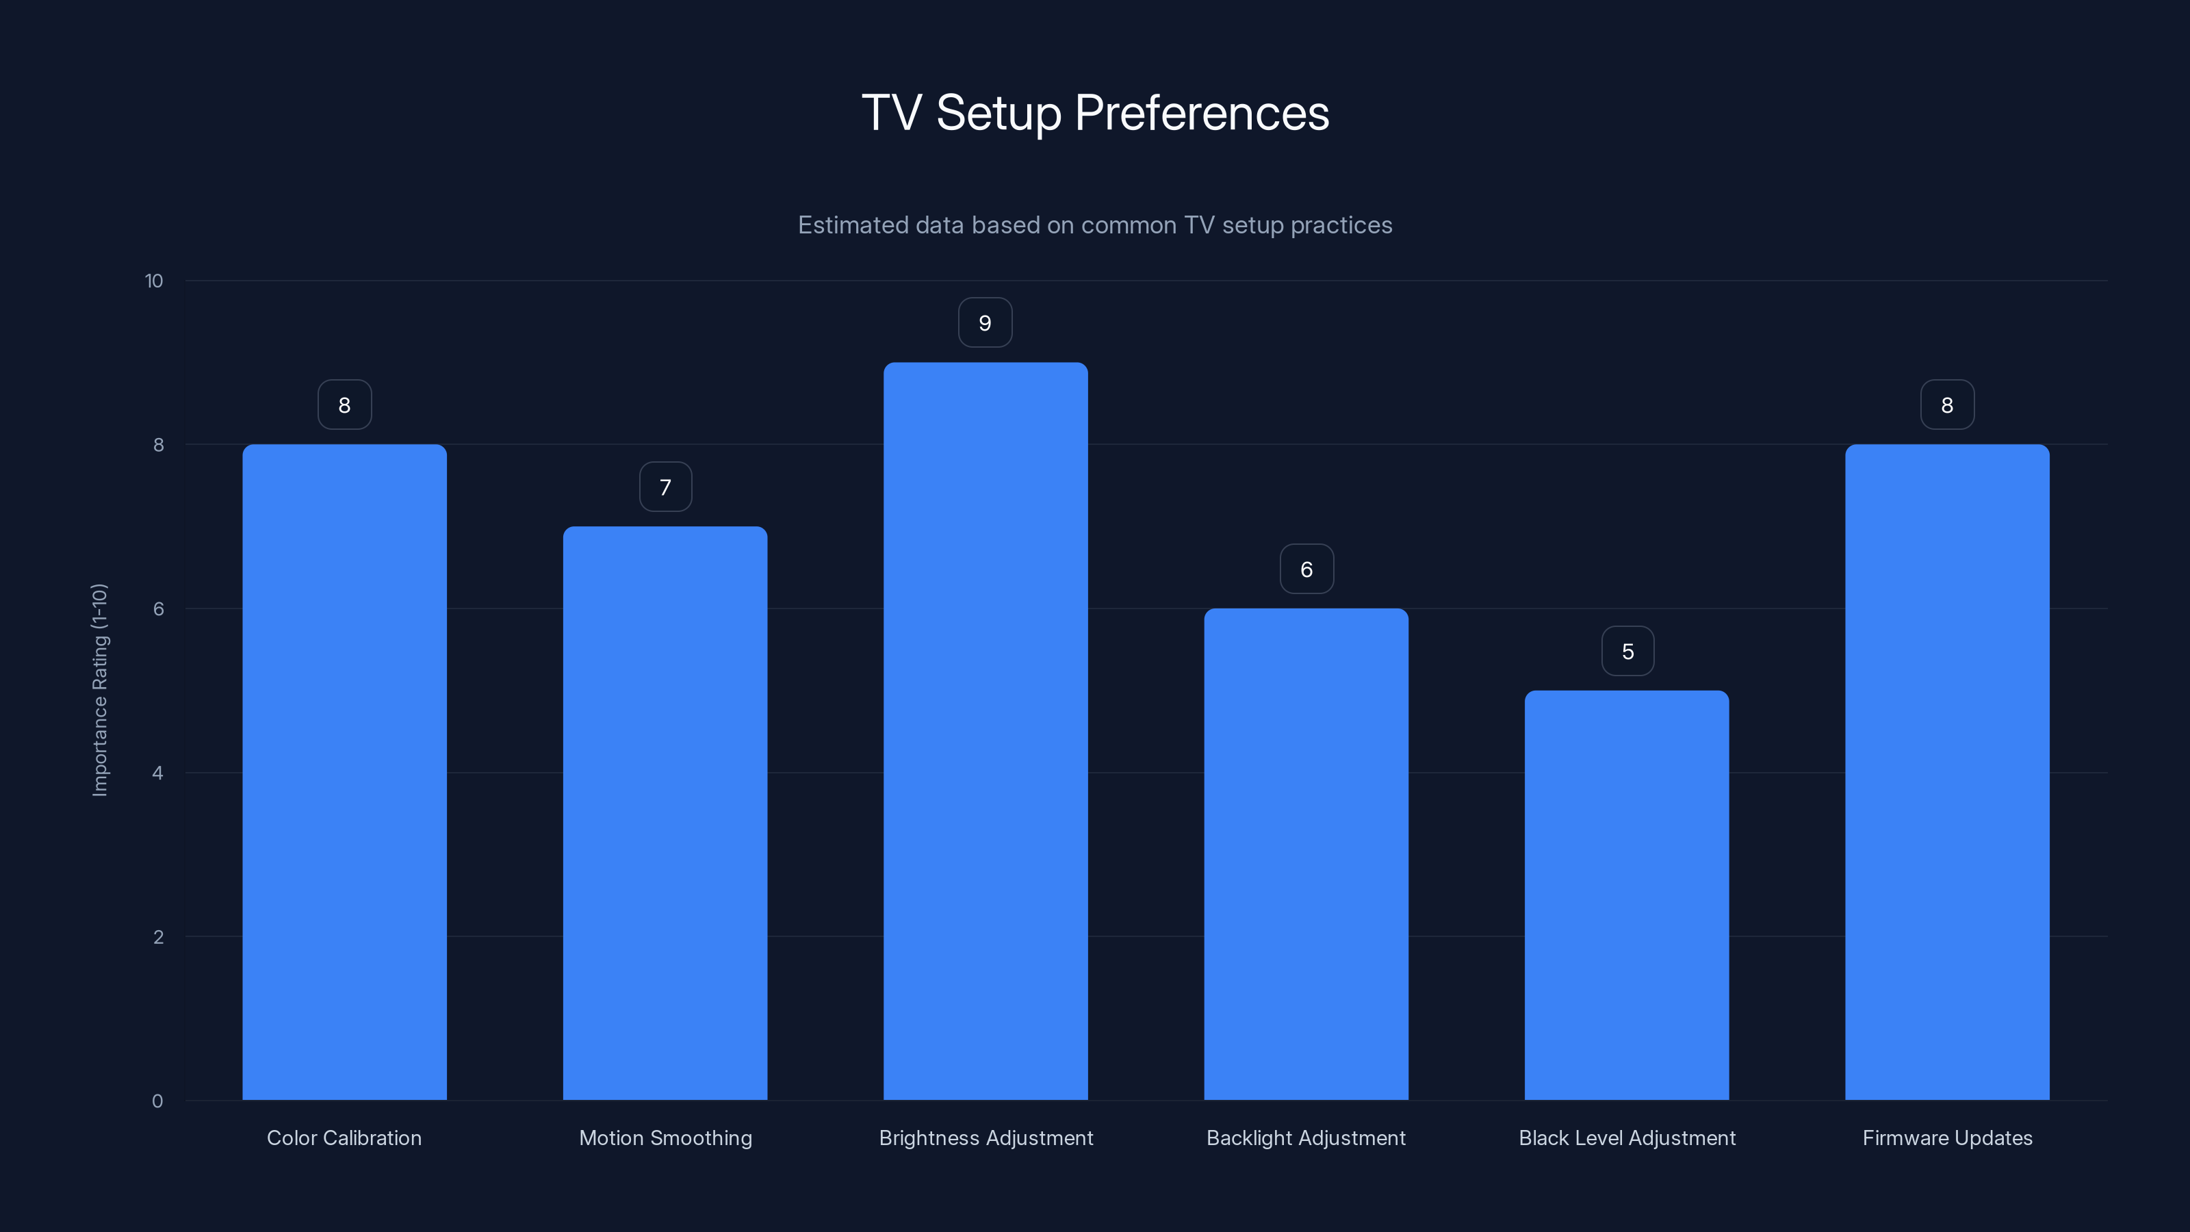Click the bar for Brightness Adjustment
(x=985, y=731)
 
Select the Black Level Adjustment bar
(x=1626, y=895)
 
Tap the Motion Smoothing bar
(x=665, y=813)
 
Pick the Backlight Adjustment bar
(x=1306, y=854)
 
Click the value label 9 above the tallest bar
(x=985, y=323)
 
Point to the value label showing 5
(x=1627, y=652)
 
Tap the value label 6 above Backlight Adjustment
(x=1306, y=569)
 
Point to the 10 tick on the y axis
(x=154, y=281)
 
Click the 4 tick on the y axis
(x=157, y=773)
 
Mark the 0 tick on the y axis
(x=157, y=1102)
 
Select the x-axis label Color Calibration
(x=344, y=1138)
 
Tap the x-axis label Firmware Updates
(x=1947, y=1138)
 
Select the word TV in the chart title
(x=891, y=113)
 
